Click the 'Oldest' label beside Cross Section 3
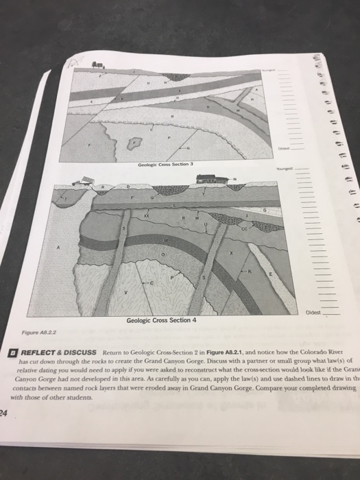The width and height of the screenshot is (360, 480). (283, 148)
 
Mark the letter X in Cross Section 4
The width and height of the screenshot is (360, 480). (232, 253)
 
